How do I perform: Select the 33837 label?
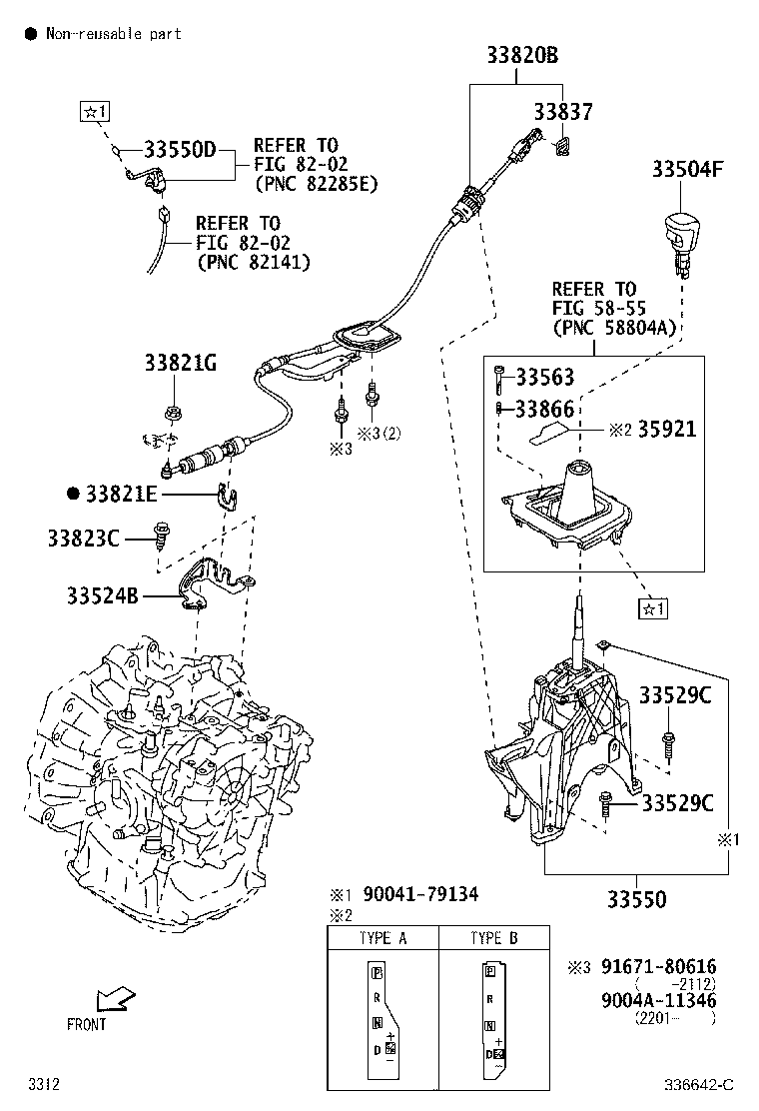click(562, 113)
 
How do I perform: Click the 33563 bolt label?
click(546, 378)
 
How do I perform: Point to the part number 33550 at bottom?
click(632, 900)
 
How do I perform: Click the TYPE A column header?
click(382, 939)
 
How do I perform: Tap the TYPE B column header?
click(493, 939)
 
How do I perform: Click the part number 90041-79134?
click(420, 894)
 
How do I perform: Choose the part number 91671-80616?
click(658, 967)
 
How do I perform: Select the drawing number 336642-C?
click(700, 1084)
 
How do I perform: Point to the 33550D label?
click(180, 150)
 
